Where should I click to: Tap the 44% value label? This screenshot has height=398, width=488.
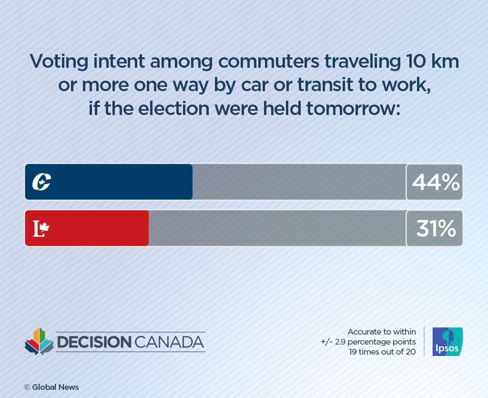point(435,182)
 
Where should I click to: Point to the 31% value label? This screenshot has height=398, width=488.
point(435,229)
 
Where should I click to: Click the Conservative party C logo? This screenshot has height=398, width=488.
point(41,182)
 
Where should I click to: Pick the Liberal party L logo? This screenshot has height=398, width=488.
point(41,229)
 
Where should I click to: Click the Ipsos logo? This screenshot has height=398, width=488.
point(447,342)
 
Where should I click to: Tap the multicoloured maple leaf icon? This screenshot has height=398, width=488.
point(39,341)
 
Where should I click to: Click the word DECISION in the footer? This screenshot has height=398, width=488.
point(93,342)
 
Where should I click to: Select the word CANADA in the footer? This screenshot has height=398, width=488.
point(169,342)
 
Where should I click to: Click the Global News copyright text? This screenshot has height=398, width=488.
point(51,387)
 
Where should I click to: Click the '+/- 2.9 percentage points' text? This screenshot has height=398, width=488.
point(368,342)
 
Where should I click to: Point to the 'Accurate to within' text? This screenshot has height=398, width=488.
point(381,331)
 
